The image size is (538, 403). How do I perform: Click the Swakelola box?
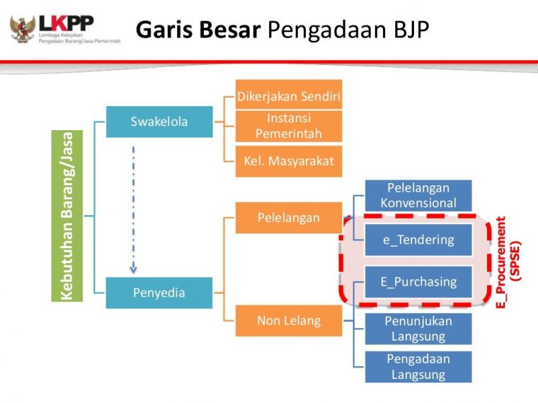point(159,122)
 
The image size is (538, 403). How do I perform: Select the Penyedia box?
point(159,293)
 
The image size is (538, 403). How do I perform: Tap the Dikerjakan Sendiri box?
point(289,95)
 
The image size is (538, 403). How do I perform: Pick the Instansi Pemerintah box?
point(289,126)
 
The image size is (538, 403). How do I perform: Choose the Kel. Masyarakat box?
point(289,161)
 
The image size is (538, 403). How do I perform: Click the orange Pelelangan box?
point(289,218)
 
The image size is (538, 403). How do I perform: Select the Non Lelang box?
point(289,321)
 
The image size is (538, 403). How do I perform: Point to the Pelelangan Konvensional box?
point(418,195)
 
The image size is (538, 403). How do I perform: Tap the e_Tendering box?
point(418,240)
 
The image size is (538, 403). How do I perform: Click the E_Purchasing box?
point(418,281)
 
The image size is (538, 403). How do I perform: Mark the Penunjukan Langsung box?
point(418,329)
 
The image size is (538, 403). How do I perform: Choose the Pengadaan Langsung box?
point(418,367)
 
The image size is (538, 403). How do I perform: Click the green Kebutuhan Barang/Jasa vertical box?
point(67,216)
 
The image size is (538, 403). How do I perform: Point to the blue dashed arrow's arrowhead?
point(133,269)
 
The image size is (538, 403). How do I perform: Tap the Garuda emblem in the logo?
point(22,28)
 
